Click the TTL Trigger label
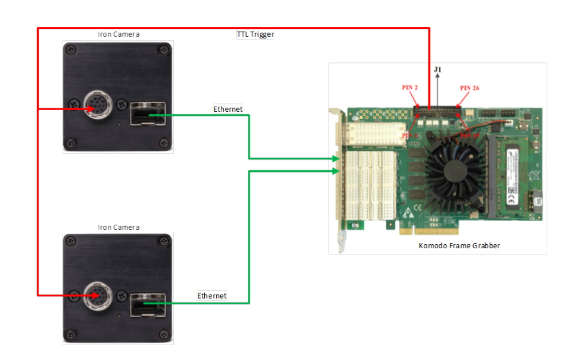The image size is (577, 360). [255, 34]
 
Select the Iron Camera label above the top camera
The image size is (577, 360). [118, 34]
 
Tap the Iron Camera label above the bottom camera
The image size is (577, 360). [118, 228]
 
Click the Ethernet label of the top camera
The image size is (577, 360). [228, 109]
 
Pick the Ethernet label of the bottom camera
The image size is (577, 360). [212, 296]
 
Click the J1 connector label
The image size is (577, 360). [438, 70]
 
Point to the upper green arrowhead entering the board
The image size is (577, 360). [336, 158]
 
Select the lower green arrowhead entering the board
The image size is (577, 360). [336, 170]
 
